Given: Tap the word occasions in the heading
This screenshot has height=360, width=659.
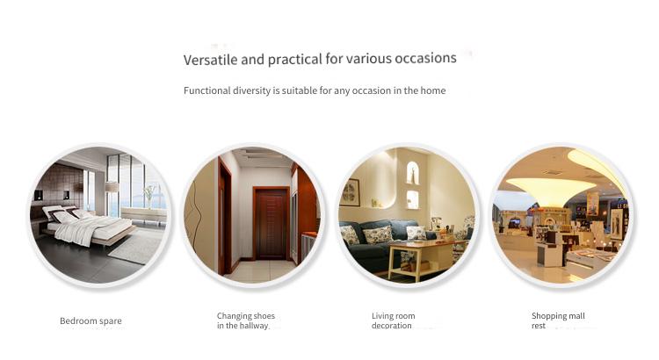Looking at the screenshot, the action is (425, 58).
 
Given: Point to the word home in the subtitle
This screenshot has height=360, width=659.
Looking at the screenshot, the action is (433, 90).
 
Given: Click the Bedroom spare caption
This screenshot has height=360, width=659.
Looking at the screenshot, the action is (91, 321).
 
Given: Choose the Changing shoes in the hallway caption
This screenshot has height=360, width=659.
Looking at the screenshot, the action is (246, 320).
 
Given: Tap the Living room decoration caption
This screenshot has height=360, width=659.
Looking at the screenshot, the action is (393, 320).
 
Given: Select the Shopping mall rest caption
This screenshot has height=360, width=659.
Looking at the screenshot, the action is (558, 320).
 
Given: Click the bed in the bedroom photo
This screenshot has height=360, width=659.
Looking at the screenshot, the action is (87, 226).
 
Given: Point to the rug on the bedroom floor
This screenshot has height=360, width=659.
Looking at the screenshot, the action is (135, 248).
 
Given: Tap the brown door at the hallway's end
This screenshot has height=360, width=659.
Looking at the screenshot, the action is (272, 223).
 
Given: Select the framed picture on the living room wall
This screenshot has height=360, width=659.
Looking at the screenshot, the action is (351, 192).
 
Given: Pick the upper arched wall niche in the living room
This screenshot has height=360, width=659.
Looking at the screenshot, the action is (413, 173).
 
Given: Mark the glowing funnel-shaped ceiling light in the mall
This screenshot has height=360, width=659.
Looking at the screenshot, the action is (550, 190).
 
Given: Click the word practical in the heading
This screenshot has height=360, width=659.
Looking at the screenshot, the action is (295, 59).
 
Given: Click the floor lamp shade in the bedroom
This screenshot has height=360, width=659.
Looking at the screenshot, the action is (111, 186).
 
